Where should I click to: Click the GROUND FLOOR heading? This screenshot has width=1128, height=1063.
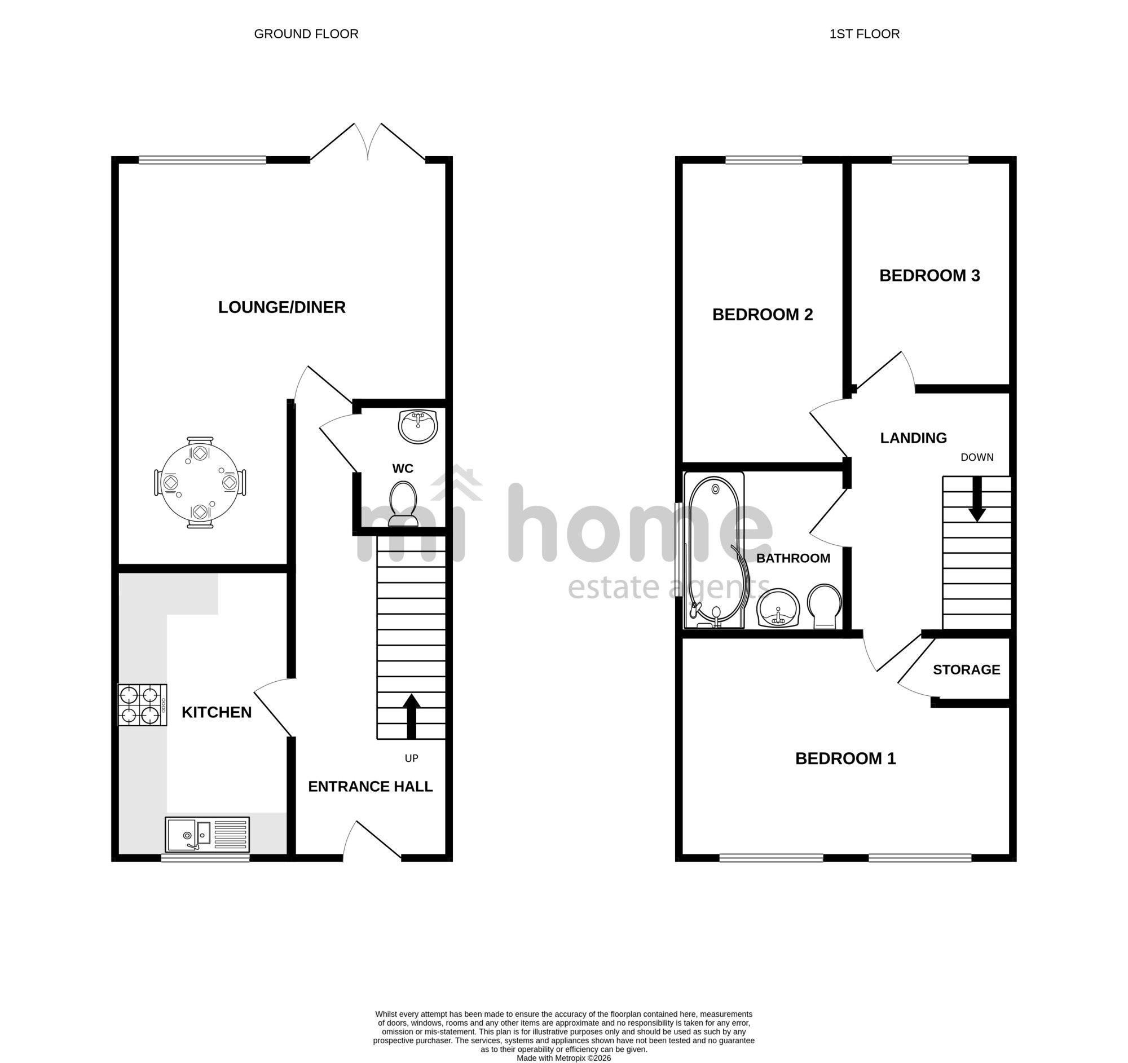(306, 34)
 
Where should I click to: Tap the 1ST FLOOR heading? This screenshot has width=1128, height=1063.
(864, 34)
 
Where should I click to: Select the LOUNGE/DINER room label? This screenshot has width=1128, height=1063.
(282, 307)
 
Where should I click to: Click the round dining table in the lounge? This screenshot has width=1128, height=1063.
(200, 483)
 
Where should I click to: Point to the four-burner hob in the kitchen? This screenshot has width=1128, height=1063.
(143, 705)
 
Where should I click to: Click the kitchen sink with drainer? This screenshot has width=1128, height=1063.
(207, 835)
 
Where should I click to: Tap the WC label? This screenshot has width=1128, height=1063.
(403, 469)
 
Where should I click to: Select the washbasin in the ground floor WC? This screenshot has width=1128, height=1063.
(418, 426)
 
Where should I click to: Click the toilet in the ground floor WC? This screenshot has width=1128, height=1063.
(403, 504)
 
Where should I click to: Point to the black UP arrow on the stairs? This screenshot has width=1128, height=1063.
(412, 716)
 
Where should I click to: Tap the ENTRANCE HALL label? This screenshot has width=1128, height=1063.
(371, 787)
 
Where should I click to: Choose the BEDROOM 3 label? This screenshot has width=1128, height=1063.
(930, 276)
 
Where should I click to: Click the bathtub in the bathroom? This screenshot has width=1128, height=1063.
(715, 550)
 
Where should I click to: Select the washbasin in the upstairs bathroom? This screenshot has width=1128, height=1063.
(778, 608)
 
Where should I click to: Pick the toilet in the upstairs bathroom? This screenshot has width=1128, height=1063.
(825, 607)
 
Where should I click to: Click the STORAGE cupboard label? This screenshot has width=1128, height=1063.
(967, 670)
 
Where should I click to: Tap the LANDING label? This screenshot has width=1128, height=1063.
(914, 438)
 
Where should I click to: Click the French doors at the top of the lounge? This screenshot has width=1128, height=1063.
(368, 142)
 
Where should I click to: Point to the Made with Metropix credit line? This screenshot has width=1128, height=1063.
(564, 1058)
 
